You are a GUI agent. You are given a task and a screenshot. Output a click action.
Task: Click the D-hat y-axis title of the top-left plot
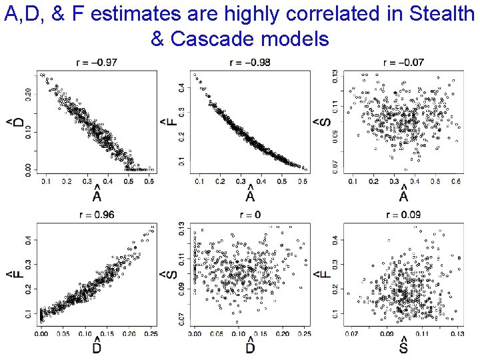[x=12, y=123]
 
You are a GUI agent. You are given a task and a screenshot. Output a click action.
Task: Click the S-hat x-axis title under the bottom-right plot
[x=403, y=348]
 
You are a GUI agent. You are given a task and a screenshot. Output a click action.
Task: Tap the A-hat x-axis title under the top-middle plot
[x=250, y=196]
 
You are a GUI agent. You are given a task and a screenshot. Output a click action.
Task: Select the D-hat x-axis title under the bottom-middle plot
[x=250, y=348]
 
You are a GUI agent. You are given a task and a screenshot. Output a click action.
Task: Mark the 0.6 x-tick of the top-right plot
[x=457, y=181]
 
